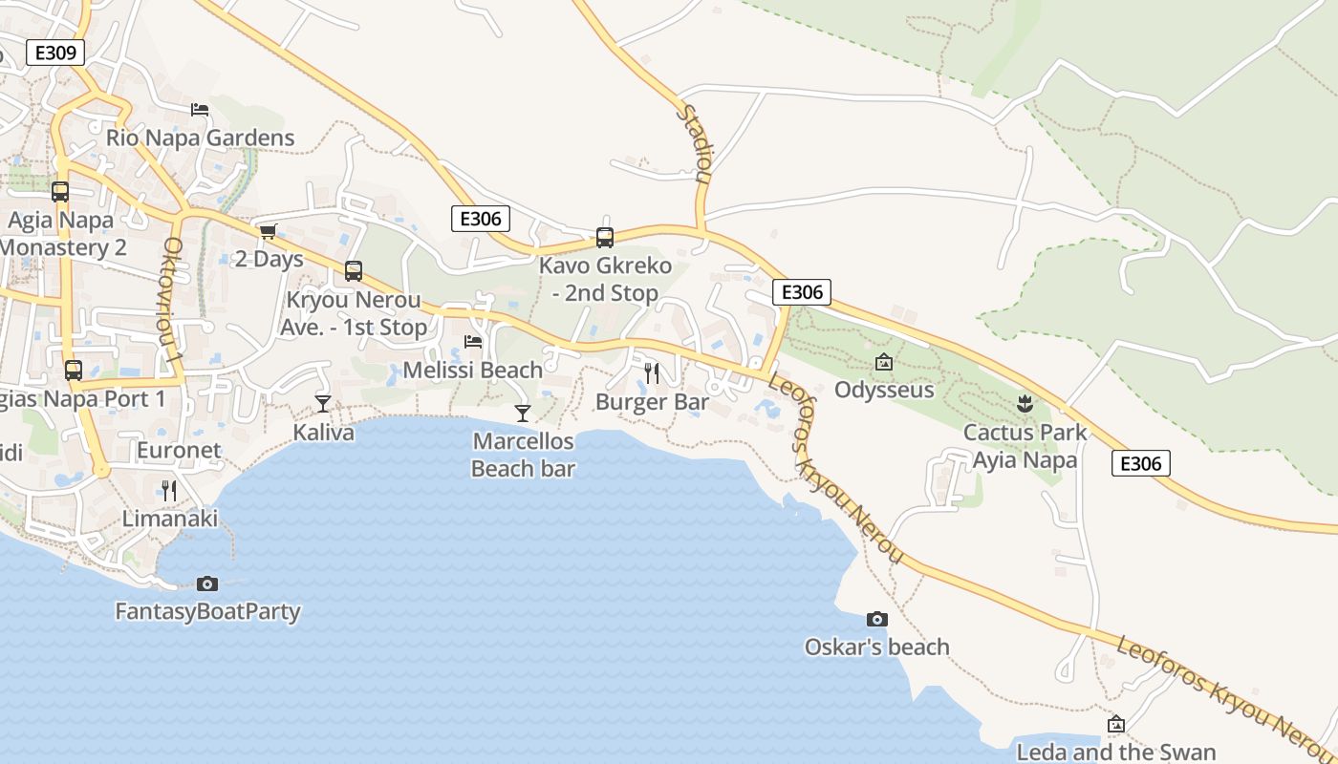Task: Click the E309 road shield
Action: tap(55, 53)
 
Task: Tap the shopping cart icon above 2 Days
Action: tap(268, 231)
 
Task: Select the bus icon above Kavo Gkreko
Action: tap(605, 238)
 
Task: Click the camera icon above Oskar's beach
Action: tap(876, 620)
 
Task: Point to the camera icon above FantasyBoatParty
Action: tap(206, 584)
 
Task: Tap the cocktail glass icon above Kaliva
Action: tap(323, 404)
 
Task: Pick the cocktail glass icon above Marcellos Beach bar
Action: tap(523, 413)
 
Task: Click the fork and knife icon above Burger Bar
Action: tap(652, 372)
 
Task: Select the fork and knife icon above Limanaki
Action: tap(169, 491)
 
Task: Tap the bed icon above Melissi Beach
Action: tap(472, 341)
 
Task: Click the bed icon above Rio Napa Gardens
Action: tap(200, 110)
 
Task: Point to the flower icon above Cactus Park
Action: tap(1025, 403)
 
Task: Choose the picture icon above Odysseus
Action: tap(884, 362)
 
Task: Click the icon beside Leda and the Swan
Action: tap(1115, 724)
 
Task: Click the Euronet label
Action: tap(179, 450)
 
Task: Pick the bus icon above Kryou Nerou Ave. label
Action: tap(354, 271)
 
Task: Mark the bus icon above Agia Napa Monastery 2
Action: tap(60, 192)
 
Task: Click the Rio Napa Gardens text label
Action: tap(200, 138)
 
